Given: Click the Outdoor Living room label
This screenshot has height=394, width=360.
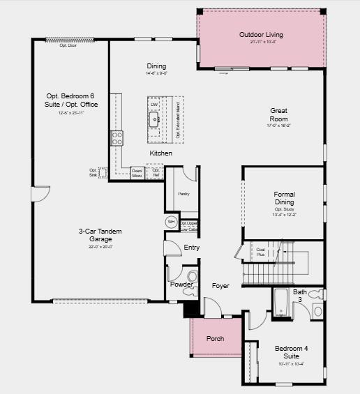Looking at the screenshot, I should pyautogui.click(x=261, y=35).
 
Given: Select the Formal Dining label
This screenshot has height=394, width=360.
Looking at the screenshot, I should pyautogui.click(x=284, y=198).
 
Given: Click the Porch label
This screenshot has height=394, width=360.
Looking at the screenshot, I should pyautogui.click(x=216, y=339).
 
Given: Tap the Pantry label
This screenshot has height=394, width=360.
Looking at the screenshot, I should pyautogui.click(x=184, y=194).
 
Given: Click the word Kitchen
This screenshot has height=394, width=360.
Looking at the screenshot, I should pyautogui.click(x=160, y=153).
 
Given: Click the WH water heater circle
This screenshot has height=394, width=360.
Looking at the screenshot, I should pyautogui.click(x=171, y=222).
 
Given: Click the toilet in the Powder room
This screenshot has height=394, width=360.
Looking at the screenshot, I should pyautogui.click(x=193, y=277).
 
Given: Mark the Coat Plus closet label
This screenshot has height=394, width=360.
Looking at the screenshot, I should pyautogui.click(x=261, y=252).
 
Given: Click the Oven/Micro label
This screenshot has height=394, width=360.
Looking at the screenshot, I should pyautogui.click(x=137, y=173).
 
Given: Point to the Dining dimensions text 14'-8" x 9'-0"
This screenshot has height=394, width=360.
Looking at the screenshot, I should pyautogui.click(x=156, y=73).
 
